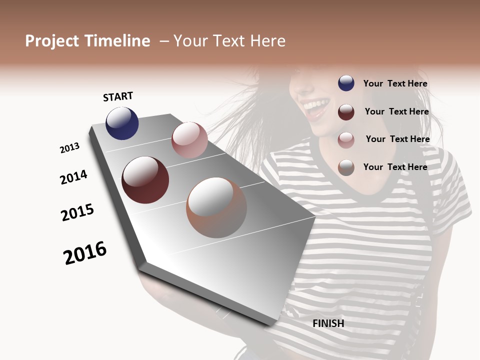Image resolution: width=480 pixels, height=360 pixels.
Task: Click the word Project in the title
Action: point(52,41)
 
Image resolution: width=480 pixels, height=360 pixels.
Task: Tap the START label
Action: point(118,96)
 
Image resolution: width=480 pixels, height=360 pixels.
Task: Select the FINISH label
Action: point(328,323)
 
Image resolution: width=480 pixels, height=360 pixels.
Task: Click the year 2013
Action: point(69,148)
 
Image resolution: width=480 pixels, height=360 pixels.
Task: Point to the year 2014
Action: point(73,177)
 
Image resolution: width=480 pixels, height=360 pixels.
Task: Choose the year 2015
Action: point(77,212)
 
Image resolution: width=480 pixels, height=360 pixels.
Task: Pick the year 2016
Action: point(85,253)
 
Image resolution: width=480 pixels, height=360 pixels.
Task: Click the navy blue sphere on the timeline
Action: point(122,123)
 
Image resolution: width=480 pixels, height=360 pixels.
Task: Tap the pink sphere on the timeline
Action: point(189,140)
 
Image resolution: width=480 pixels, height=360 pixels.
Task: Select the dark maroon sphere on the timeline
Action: point(145,180)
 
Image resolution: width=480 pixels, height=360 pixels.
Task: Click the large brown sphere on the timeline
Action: point(216,207)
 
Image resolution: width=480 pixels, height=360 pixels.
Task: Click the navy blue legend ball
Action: point(346,83)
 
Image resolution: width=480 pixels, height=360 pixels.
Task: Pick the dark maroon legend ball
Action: point(346,112)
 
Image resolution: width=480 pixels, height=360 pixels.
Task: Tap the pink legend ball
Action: point(346,140)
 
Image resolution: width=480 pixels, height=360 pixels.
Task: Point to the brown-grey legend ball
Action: point(346,167)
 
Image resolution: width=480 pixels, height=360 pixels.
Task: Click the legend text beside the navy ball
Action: point(395,83)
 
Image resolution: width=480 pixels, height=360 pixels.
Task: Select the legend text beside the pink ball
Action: point(397,139)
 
